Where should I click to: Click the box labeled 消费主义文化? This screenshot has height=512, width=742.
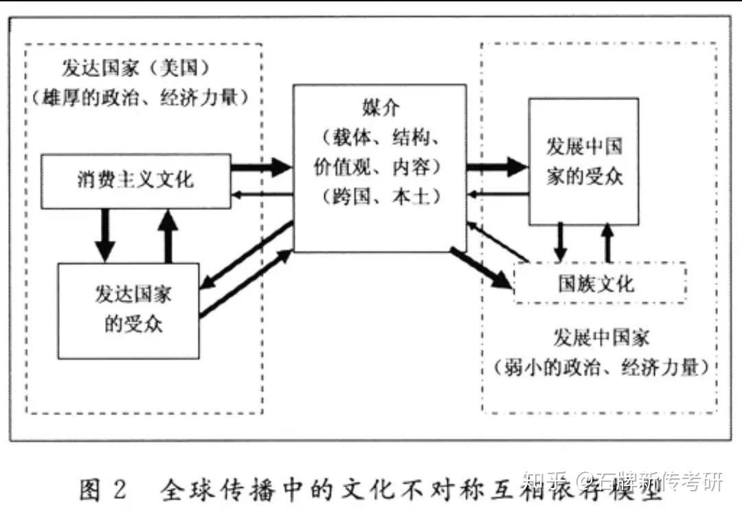point(135,181)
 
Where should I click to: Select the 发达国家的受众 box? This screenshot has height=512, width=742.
point(128,310)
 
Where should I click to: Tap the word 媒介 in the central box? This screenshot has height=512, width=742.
point(379,108)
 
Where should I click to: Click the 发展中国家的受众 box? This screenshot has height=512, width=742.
point(583,161)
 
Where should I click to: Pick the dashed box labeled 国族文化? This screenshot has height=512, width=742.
point(599,283)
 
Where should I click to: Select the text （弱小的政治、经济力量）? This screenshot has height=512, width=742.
point(600,367)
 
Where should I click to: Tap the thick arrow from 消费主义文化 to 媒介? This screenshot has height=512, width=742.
point(262,166)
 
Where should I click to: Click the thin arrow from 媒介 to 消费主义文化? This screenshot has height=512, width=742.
point(262,197)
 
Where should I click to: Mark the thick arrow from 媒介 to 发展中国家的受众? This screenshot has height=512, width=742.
point(497,165)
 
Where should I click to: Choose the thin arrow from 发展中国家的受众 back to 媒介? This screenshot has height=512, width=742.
point(497,197)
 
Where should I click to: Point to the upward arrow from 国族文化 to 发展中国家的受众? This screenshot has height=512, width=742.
point(607,243)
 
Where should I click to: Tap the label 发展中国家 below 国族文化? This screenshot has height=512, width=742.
point(600,338)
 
